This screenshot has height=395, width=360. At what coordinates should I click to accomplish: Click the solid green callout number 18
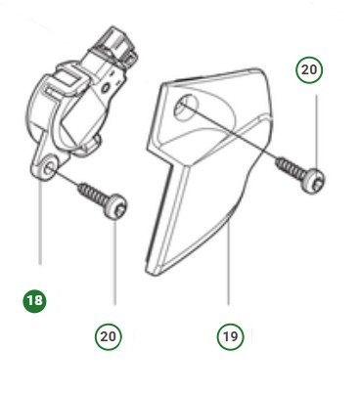34,300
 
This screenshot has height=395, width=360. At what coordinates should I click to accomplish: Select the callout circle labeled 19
229,335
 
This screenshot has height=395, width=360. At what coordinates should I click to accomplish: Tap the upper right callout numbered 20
310,70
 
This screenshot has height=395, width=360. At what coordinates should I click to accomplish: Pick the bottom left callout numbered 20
109,335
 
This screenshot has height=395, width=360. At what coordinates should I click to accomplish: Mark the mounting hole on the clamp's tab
48,172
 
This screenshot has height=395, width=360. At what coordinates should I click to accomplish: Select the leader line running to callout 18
40,225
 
